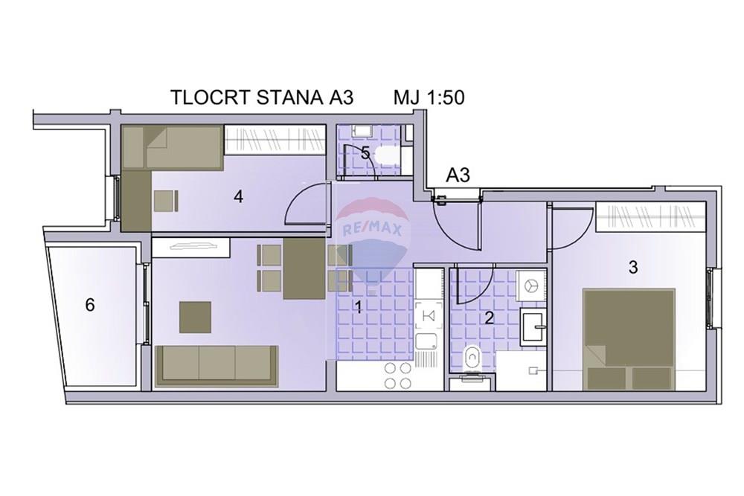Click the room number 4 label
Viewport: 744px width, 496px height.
[238, 196]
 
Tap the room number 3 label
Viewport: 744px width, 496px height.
[633, 268]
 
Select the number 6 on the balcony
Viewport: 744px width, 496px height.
[90, 305]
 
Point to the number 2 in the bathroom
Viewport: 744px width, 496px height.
[490, 318]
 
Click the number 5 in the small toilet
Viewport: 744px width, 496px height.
[365, 153]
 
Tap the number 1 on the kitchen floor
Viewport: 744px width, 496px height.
[359, 308]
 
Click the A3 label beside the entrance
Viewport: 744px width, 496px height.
[458, 175]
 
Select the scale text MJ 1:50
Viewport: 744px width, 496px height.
[429, 97]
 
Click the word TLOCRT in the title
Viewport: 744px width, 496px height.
[211, 97]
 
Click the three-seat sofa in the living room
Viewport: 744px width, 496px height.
[217, 366]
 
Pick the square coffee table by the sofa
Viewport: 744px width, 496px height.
[195, 318]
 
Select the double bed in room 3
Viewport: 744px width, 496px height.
[629, 339]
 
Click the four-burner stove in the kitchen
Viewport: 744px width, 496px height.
[397, 376]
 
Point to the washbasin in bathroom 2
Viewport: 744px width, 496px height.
[533, 326]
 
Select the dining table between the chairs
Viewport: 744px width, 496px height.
[304, 269]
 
